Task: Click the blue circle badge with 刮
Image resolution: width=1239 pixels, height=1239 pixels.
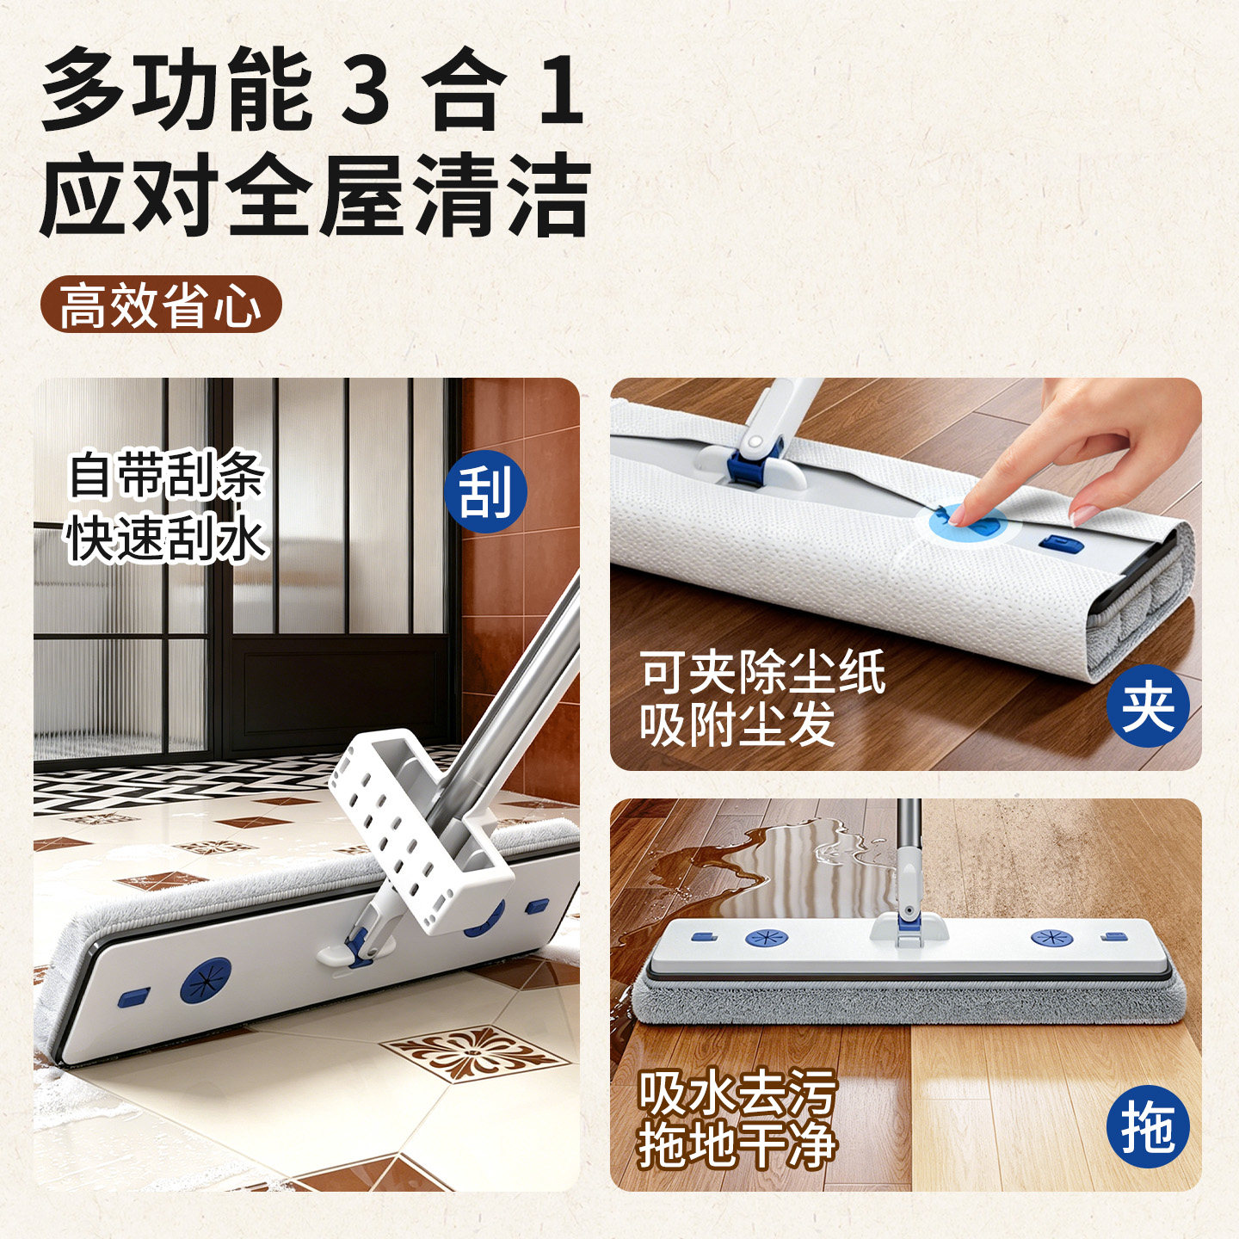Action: coord(485,491)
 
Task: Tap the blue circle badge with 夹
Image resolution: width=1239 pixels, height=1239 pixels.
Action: coord(1148,706)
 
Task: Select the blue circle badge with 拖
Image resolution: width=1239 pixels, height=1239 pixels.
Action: coord(1148,1127)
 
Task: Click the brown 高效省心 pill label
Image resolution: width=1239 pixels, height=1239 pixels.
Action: coord(162,304)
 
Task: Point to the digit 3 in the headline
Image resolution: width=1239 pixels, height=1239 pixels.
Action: coord(366,90)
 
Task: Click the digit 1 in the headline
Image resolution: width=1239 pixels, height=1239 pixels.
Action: coord(561,90)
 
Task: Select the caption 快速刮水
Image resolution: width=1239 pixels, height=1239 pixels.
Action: coord(167,538)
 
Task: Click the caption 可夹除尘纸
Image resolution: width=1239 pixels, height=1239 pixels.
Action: coord(762,673)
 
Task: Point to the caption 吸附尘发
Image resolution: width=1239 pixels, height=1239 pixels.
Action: coord(737,724)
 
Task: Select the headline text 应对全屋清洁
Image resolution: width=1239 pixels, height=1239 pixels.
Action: coord(315,194)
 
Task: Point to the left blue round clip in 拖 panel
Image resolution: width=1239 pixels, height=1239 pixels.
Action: coord(767,938)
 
